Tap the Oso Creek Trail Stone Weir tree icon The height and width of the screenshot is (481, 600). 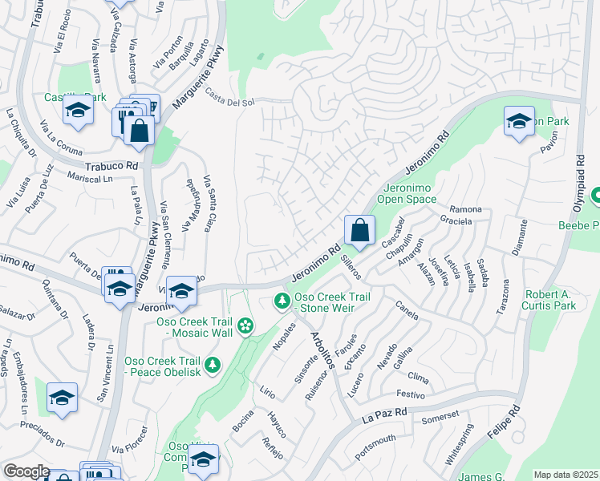[x=282, y=301]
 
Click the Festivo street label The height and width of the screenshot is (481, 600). [x=409, y=394]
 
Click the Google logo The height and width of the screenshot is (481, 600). [x=26, y=472]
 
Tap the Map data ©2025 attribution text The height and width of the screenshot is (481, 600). [x=566, y=475]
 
